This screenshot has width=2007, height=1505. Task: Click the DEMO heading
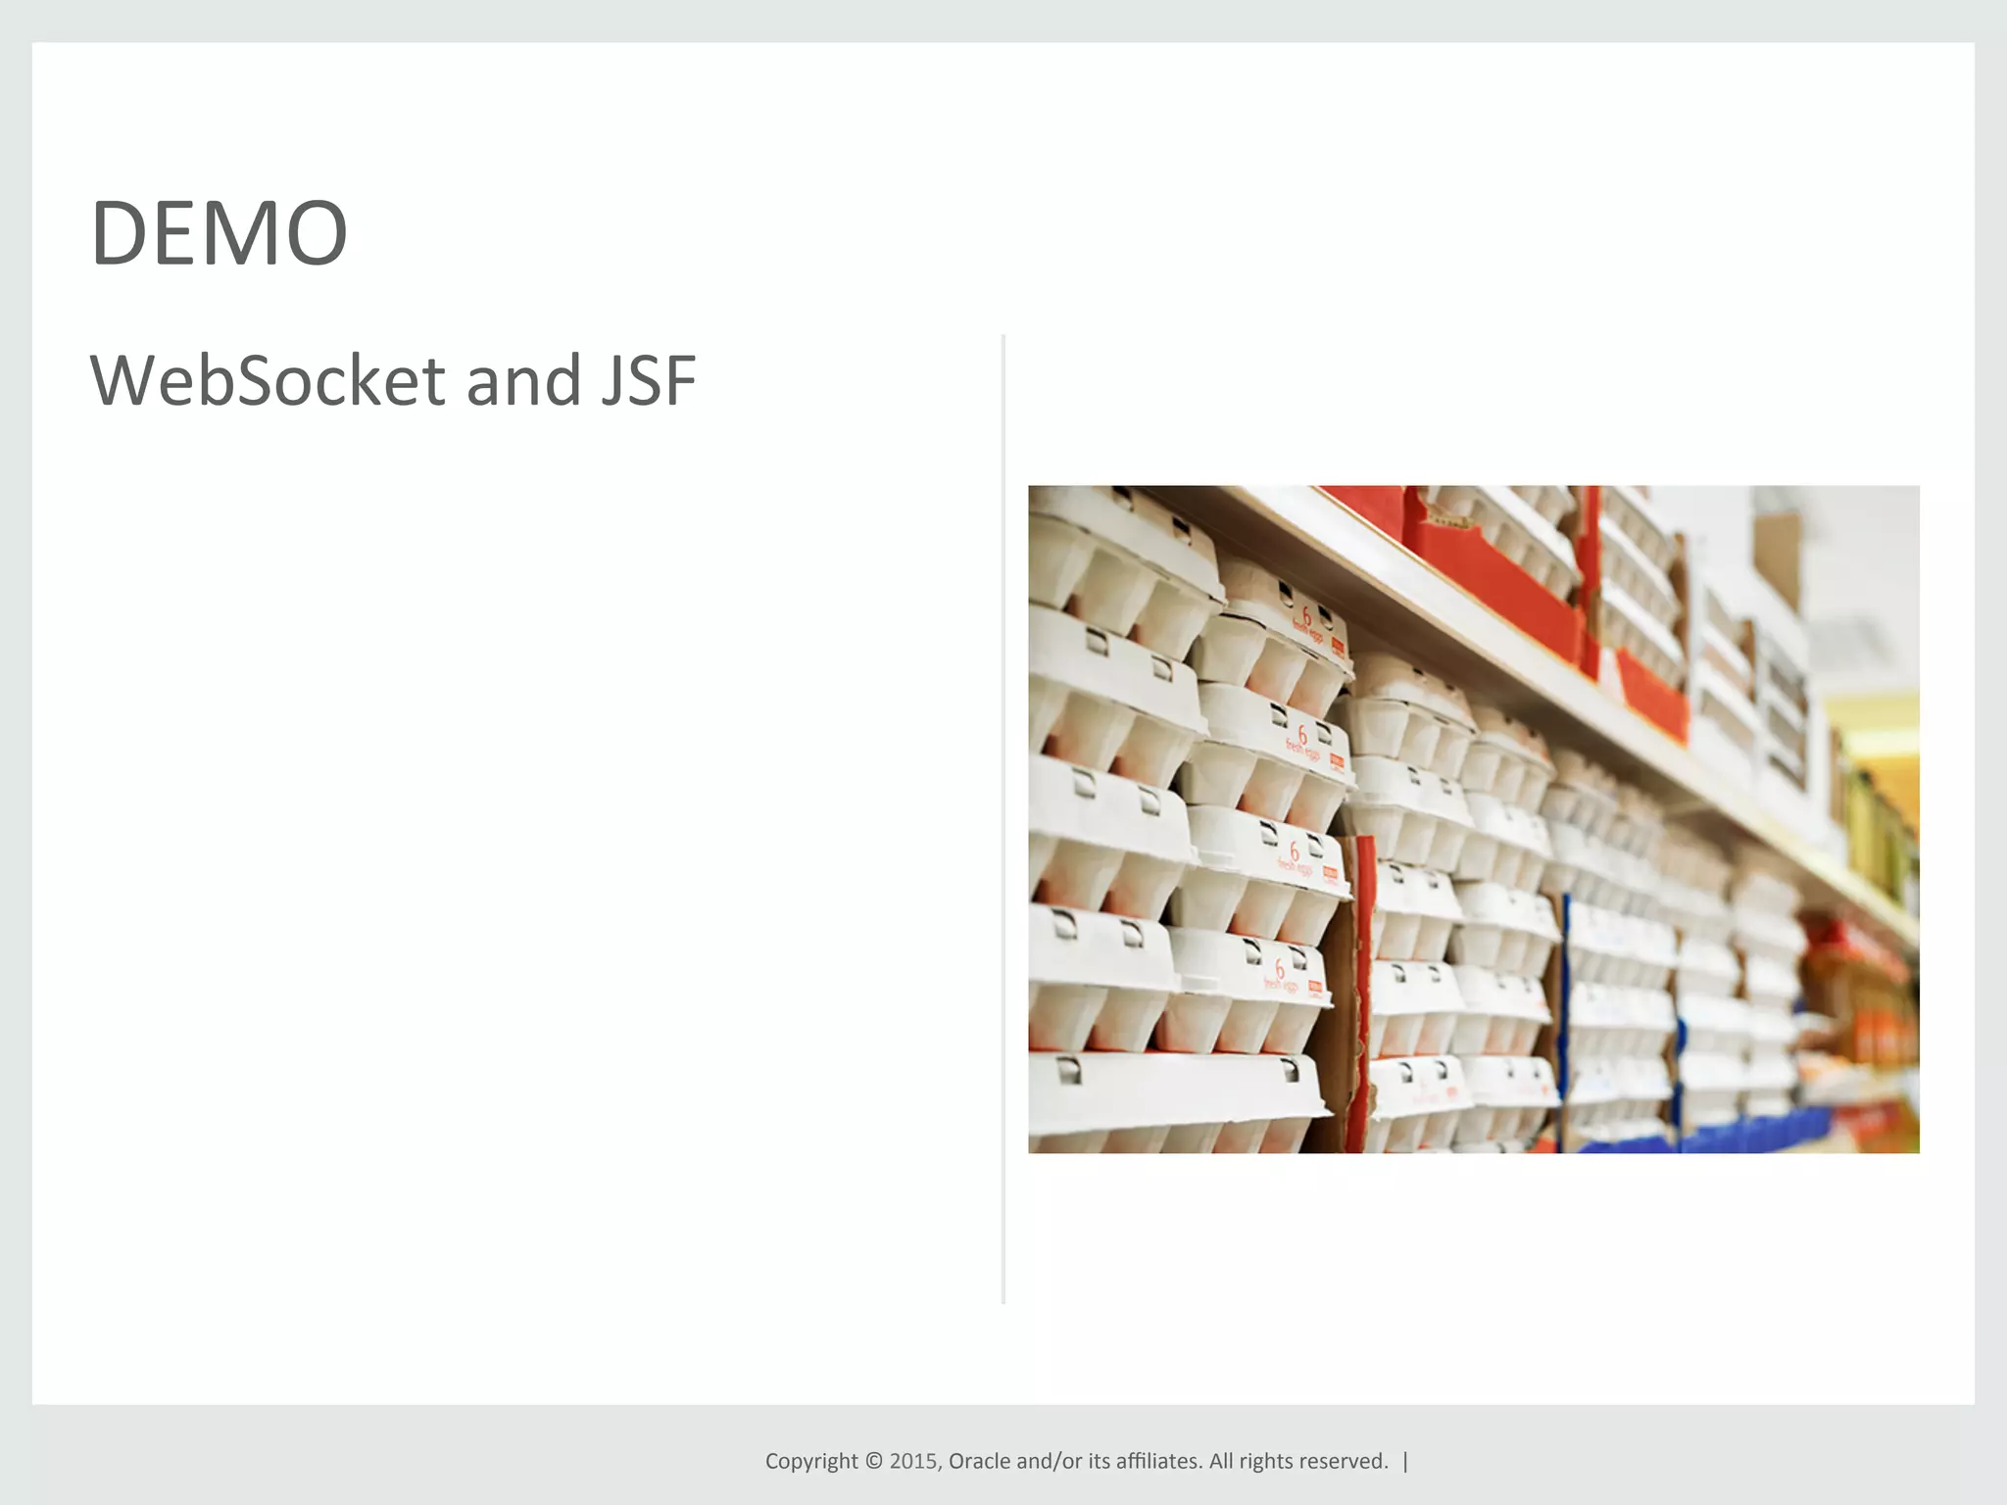tap(220, 233)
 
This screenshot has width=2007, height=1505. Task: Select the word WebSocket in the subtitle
tap(268, 380)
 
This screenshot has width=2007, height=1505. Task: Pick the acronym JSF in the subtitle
tap(648, 380)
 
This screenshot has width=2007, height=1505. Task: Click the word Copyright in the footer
tap(811, 1461)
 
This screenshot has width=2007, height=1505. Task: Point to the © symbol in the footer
tap(873, 1461)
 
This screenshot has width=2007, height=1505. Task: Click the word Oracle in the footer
tap(980, 1461)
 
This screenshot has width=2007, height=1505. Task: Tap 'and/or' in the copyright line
tap(1049, 1461)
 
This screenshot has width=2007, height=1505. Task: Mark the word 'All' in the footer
tap(1221, 1461)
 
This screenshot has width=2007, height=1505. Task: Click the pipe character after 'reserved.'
tap(1405, 1461)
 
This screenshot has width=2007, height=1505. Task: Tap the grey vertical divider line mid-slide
tap(1003, 819)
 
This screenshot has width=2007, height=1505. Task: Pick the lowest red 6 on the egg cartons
tap(1279, 969)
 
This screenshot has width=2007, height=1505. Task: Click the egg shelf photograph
tap(1473, 819)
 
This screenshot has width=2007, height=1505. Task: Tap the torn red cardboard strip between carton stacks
tap(1359, 990)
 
